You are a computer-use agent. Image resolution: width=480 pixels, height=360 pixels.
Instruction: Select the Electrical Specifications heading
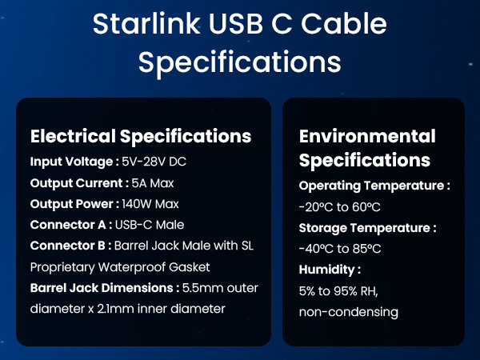(141, 135)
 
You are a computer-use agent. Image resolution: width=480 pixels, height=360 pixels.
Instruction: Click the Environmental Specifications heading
(367, 147)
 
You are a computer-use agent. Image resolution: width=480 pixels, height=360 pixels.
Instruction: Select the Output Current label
(77, 182)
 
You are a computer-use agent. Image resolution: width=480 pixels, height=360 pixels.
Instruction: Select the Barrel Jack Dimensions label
(102, 287)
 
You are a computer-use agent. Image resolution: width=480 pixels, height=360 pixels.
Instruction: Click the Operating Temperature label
(374, 186)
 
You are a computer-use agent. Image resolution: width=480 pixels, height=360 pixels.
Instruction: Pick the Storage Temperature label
(367, 227)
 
